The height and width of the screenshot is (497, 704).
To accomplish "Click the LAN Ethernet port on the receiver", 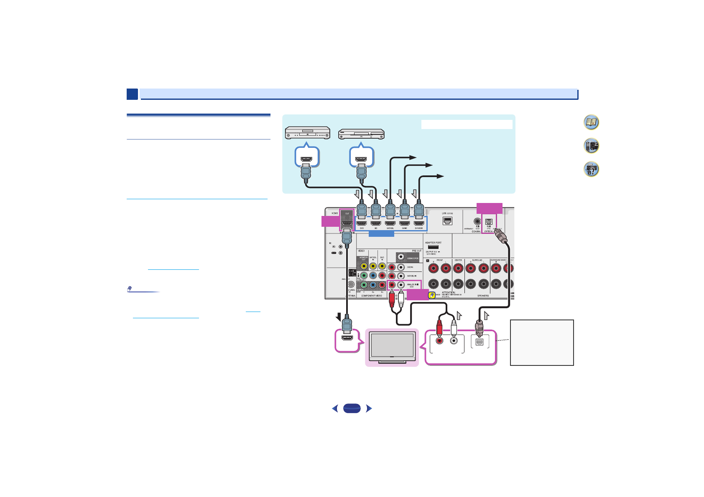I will (447, 221).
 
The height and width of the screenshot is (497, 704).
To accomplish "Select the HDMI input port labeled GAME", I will (404, 223).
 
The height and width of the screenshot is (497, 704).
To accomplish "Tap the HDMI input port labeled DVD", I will (362, 223).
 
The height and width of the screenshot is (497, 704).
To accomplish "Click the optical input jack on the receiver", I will (489, 222).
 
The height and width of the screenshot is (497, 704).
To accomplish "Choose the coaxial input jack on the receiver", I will (477, 221).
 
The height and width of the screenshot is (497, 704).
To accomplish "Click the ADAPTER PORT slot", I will (433, 247).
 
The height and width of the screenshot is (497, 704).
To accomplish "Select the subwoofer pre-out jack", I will (401, 257).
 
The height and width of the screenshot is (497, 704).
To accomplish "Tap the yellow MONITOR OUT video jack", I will (364, 266).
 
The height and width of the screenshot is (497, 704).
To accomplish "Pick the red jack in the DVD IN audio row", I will (392, 267).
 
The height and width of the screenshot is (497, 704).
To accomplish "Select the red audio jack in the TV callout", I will (439, 341).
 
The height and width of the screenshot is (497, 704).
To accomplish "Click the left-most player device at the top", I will (307, 133).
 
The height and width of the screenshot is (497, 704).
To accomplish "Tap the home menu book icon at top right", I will (591, 122).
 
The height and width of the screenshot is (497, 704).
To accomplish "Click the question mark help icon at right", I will (591, 169).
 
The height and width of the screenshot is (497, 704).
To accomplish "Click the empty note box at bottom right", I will (542, 342).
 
